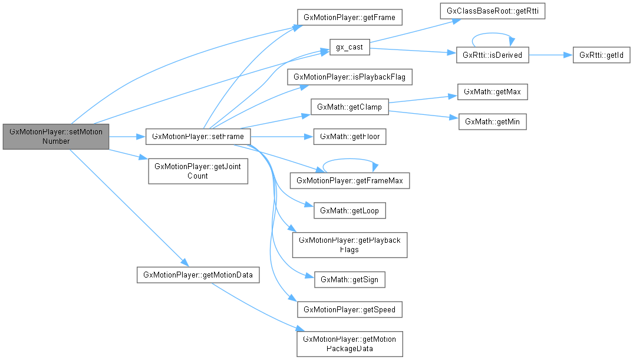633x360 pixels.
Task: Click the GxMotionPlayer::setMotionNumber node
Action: (x=56, y=137)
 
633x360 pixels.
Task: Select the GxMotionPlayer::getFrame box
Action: (x=350, y=17)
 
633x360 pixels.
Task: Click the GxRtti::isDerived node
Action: (x=493, y=55)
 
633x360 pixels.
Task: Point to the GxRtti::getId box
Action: (x=602, y=55)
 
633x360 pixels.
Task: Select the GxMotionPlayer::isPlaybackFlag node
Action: (x=350, y=77)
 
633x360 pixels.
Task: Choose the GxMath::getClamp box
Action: (x=350, y=107)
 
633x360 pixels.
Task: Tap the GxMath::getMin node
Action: (x=492, y=121)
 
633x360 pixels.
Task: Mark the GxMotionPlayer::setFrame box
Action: (x=199, y=137)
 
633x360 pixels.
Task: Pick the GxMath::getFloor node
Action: (x=350, y=137)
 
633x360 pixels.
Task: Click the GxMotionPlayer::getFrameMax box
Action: (x=350, y=180)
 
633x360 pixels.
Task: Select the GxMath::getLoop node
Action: (x=350, y=210)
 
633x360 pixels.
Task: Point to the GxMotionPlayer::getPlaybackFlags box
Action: (x=350, y=245)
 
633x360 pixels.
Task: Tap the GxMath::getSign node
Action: (x=350, y=279)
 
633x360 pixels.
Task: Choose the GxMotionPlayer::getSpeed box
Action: (x=350, y=309)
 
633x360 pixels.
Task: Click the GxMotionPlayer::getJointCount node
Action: (x=198, y=171)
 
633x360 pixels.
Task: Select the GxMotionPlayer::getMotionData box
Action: (x=198, y=275)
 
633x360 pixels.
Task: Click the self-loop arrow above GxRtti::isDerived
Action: (x=493, y=37)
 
